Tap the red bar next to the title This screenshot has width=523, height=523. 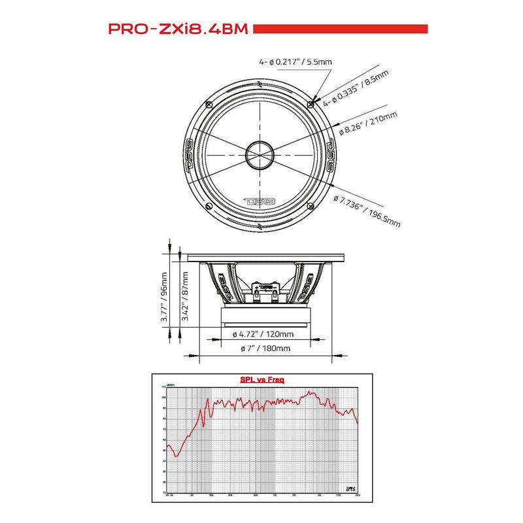point(340,29)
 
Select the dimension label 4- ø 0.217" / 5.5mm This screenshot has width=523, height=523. point(295,62)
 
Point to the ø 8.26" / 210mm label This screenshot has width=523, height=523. point(368,124)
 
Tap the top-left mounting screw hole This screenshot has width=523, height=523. point(209,104)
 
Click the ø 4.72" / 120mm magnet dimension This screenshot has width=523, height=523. point(263,334)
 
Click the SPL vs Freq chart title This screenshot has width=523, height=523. point(261,379)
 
